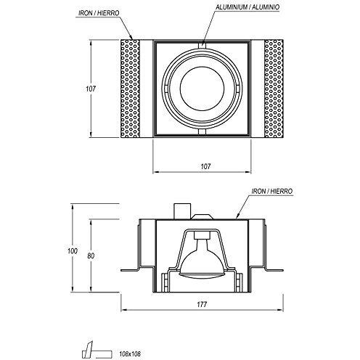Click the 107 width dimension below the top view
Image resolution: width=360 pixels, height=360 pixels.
(x=205, y=166)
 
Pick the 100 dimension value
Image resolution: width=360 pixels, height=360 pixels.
(x=71, y=250)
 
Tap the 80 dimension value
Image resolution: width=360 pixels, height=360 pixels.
(x=90, y=256)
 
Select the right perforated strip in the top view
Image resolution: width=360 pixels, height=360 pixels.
(x=274, y=89)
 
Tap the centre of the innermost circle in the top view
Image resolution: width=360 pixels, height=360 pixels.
(x=204, y=89)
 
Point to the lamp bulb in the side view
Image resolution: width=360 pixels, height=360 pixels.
(x=204, y=263)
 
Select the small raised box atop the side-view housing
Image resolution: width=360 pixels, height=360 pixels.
(x=181, y=210)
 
